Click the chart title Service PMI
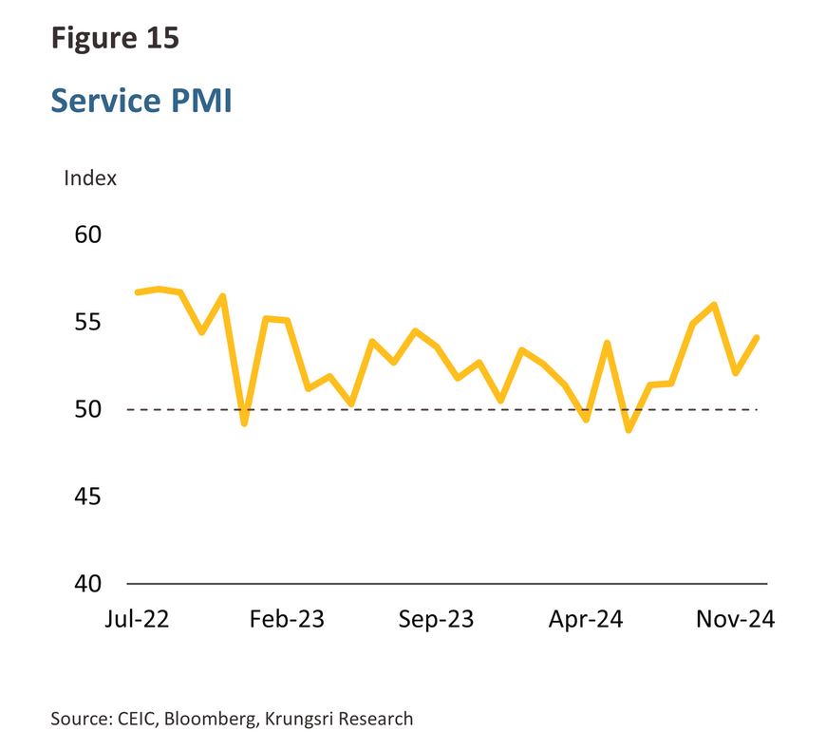[141, 100]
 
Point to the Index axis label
[90, 178]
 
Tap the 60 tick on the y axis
[88, 234]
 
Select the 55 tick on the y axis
[88, 322]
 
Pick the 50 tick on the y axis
[88, 409]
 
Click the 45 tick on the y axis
[88, 497]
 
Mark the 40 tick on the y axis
[88, 583]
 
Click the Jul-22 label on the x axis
[139, 619]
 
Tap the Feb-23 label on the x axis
[287, 619]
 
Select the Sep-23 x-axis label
[436, 619]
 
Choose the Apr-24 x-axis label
[586, 619]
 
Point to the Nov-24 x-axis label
[736, 619]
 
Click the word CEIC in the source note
[139, 719]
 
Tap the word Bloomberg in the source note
[211, 719]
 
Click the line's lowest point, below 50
[629, 430]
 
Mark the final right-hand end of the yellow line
[757, 337]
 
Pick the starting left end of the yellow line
[137, 291]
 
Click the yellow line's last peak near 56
[714, 305]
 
